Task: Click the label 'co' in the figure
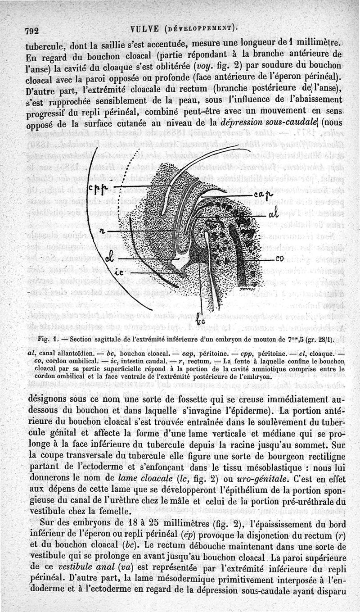pyautogui.click(x=279, y=260)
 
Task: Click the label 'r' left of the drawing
pyautogui.click(x=103, y=231)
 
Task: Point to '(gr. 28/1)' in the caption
pyautogui.click(x=321, y=339)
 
